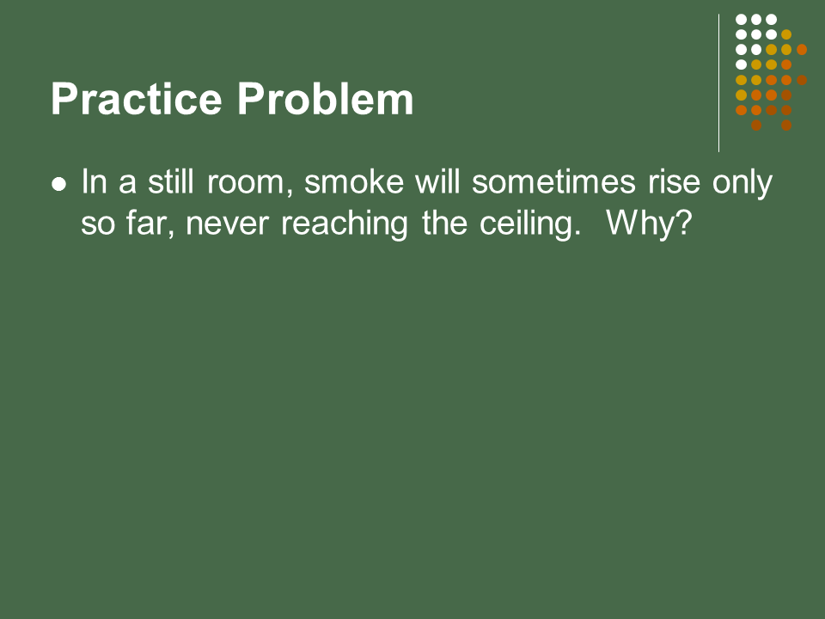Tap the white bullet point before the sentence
[59, 184]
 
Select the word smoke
[354, 182]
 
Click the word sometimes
[553, 182]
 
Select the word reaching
[345, 224]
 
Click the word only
[742, 183]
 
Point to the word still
[171, 181]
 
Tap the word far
[150, 224]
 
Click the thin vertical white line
[718, 83]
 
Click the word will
[437, 181]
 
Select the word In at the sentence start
[95, 182]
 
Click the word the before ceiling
[444, 224]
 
